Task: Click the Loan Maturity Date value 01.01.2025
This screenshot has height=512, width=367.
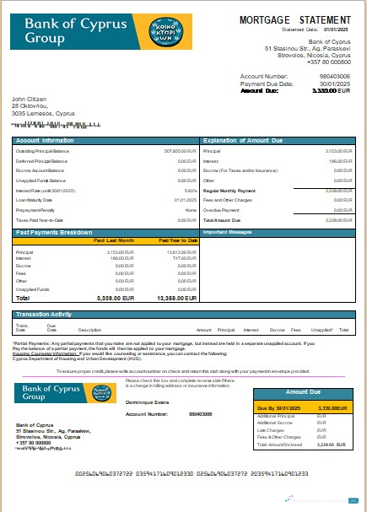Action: click(185, 200)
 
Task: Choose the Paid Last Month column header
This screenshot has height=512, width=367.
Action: click(113, 240)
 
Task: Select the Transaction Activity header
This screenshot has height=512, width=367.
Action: click(48, 314)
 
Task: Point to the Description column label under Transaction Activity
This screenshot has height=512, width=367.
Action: click(89, 330)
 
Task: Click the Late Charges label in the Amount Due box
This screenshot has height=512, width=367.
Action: click(270, 430)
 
